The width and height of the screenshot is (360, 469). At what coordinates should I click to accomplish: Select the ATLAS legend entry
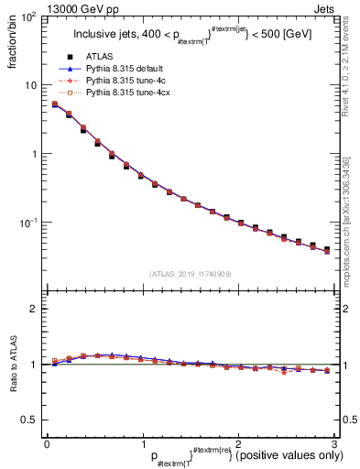coord(102,57)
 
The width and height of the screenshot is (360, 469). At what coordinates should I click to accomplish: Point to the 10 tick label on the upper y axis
coord(29,85)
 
